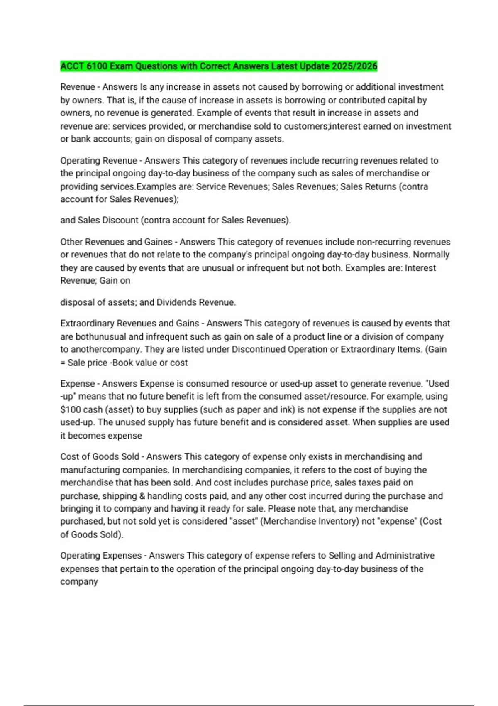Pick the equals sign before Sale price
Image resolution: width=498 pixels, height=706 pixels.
[x=63, y=363]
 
